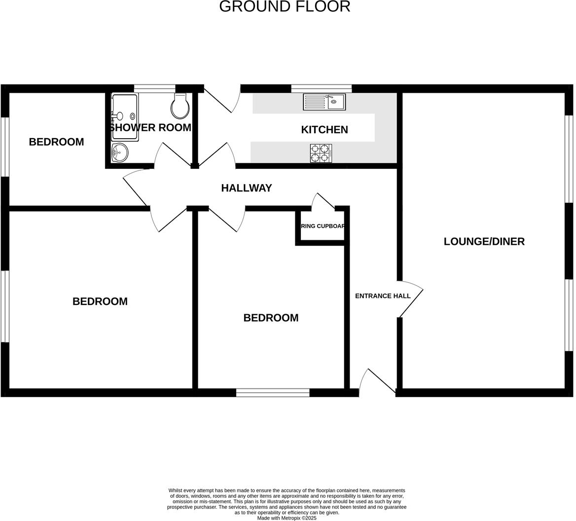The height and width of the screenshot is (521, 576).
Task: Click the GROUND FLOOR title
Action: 285,6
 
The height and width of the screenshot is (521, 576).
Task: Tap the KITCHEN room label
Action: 324,130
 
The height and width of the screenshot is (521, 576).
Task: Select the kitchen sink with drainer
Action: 324,102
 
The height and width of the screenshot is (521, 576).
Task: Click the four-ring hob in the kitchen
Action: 321,153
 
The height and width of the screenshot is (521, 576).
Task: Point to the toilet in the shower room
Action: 180,107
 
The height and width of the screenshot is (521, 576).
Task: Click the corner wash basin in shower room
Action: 119,152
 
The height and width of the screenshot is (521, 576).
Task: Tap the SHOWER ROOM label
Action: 150,128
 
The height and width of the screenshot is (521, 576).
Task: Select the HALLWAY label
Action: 246,188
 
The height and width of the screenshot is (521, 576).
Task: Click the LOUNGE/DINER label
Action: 484,241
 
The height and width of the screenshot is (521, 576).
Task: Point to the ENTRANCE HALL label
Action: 383,296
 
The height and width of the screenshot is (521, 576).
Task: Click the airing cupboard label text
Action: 323,226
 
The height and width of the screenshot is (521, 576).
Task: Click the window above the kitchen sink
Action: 321,89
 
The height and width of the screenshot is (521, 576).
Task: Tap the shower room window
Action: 154,89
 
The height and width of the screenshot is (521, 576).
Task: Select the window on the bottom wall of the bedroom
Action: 273,393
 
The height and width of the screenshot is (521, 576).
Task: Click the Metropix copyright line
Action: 287,518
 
